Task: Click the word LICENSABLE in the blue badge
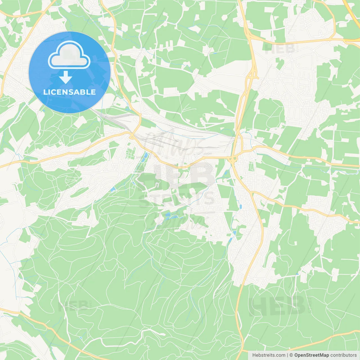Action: click(69, 92)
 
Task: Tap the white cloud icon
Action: click(69, 55)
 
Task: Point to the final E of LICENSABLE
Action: click(93, 92)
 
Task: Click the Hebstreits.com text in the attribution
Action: click(269, 355)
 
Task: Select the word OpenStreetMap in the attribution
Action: click(311, 355)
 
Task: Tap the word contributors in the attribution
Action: click(343, 355)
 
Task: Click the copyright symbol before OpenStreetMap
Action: click(291, 355)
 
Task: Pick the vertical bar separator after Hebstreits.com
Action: click(287, 355)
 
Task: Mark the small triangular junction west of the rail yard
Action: click(132, 137)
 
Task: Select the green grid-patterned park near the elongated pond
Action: click(130, 154)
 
